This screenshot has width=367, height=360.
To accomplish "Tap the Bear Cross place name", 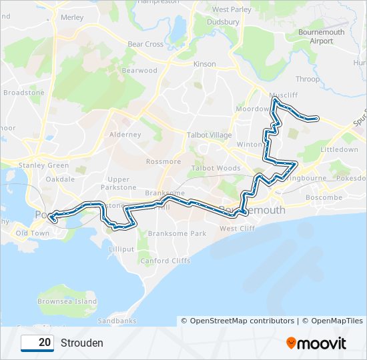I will coord(145,45).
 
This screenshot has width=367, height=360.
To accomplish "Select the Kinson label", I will coord(204,64).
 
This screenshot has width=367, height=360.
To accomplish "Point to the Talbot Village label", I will coord(210,135).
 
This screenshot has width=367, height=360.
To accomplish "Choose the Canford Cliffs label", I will coord(164,261).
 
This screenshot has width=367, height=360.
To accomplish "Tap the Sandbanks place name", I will coord(117,321).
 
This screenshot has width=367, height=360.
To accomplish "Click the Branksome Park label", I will coord(177,234).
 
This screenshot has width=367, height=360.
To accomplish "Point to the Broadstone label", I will coord(23,93).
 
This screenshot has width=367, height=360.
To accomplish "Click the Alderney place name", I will coord(125,135).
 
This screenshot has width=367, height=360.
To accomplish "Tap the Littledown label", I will coord(340,150).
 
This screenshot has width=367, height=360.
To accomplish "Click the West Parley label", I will coord(232,10).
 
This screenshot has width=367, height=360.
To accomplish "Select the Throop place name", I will coord(308,79).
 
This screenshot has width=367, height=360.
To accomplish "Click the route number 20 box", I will coord(37,343).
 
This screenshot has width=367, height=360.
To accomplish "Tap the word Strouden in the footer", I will coord(82,343).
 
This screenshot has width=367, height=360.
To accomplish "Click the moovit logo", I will coord(316,343).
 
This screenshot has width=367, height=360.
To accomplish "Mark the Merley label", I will coord(71,18).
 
